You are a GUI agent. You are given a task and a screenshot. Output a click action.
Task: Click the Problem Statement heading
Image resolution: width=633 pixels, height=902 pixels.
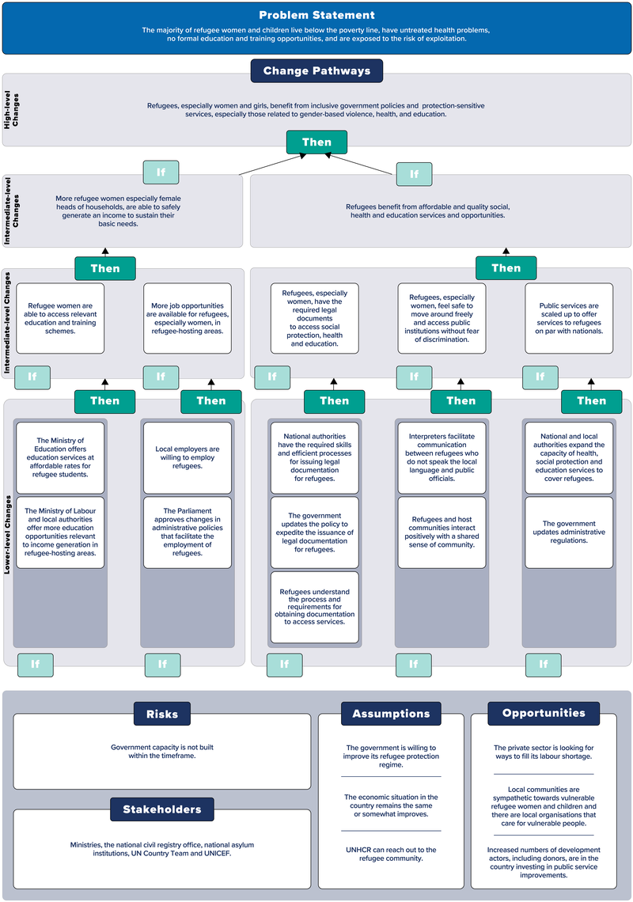tap(316, 15)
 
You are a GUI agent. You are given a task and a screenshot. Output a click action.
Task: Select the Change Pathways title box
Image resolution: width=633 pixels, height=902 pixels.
tap(316, 70)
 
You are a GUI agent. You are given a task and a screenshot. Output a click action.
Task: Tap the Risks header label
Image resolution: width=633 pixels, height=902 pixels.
tap(161, 713)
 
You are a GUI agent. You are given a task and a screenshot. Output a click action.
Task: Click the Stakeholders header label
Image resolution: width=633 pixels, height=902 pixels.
tap(161, 809)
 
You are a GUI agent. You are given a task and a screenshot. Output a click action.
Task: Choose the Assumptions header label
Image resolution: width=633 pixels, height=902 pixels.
tap(391, 713)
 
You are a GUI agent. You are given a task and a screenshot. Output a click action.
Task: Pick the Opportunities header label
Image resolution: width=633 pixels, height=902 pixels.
tap(543, 713)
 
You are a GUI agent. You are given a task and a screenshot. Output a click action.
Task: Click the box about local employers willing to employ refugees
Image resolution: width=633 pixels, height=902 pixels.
tap(188, 457)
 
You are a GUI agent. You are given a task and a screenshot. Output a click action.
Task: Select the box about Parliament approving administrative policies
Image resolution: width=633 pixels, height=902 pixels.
tap(188, 532)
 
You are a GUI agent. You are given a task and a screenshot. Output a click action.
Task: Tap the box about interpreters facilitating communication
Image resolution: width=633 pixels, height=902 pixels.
tap(442, 457)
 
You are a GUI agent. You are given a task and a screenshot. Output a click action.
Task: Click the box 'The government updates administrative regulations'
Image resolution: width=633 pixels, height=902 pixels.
tap(569, 532)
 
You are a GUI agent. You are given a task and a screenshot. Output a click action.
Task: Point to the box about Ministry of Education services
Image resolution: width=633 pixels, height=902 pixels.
tap(60, 457)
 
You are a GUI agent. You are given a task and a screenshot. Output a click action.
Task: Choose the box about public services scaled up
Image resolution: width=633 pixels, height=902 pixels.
tap(569, 318)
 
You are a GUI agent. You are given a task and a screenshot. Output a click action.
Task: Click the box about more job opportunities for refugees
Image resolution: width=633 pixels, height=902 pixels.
tap(188, 318)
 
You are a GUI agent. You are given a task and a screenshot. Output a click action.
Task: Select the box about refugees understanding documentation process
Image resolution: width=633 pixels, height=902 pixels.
tap(315, 606)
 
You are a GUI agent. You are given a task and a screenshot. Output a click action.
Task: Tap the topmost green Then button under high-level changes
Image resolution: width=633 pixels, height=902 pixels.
tap(316, 142)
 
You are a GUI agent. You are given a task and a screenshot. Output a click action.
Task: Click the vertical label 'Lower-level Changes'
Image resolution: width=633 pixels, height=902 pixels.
tap(9, 534)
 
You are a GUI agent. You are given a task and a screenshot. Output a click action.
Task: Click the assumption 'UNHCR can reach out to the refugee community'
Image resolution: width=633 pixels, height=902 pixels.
tap(391, 854)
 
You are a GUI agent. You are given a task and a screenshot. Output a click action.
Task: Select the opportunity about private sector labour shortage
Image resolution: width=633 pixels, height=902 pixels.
tap(543, 752)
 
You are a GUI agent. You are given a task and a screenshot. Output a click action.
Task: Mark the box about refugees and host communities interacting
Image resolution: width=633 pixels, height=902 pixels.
tap(442, 532)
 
